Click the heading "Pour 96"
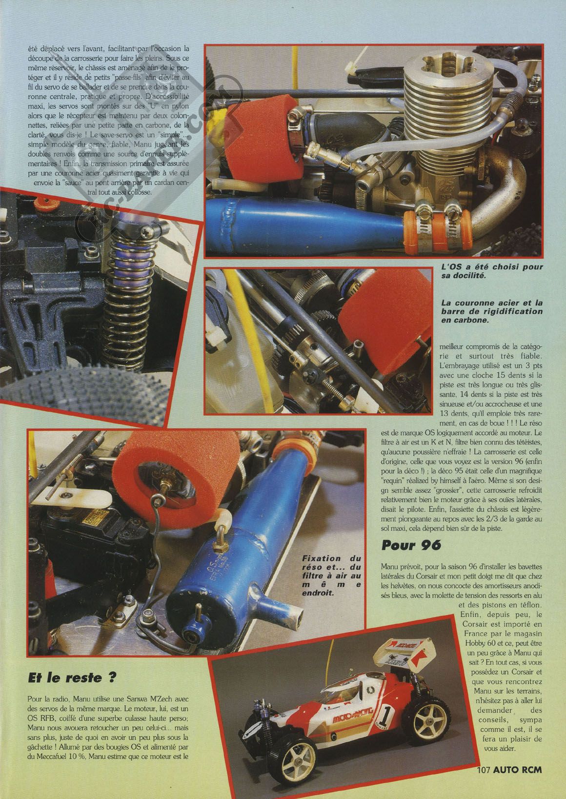[x=411, y=545]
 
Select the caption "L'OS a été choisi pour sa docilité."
[x=492, y=271]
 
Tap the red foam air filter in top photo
[x=261, y=141]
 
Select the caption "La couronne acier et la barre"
[x=492, y=311]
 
